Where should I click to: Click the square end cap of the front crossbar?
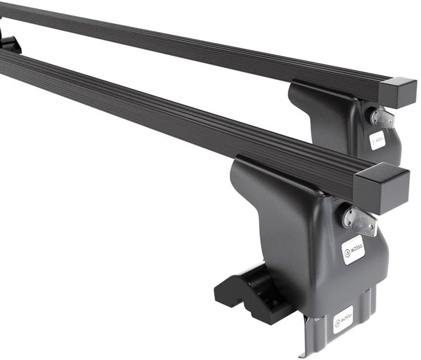pos(382,187)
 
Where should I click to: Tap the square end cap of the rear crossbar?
pos(398,93)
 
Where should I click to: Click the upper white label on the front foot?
pos(353,250)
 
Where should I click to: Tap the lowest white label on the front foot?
pos(343,319)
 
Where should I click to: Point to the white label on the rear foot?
pos(377,140)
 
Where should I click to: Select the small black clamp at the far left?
pos(10,44)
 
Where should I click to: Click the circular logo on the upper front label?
pos(347,253)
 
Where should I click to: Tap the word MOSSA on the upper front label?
pos(356,248)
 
